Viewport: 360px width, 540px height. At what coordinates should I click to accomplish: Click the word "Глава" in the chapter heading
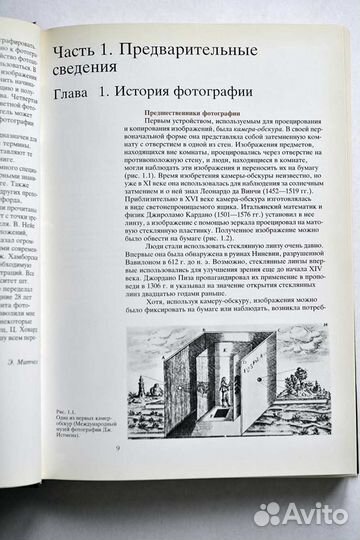pyautogui.click(x=75, y=95)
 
